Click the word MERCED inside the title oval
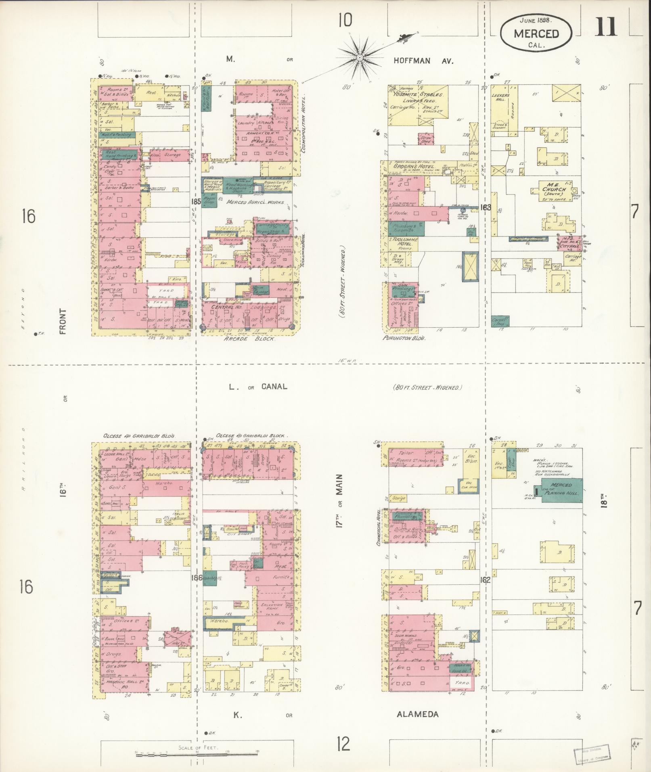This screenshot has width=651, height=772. [536, 33]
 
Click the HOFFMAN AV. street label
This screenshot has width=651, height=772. [424, 61]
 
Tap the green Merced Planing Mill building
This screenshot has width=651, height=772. [561, 490]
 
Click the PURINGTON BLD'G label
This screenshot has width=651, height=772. [404, 339]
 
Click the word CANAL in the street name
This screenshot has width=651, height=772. [274, 387]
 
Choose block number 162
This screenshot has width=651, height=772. [485, 580]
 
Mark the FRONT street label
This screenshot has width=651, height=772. [63, 322]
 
